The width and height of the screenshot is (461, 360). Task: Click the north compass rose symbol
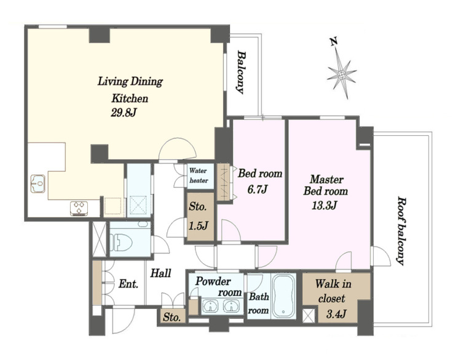tap(341, 73)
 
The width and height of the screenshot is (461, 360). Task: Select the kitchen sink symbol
tap(38, 183)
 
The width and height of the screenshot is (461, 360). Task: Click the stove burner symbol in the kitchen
tap(79, 208)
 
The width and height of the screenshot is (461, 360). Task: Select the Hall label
tap(160, 274)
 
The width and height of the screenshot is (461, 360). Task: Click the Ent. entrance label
tap(128, 284)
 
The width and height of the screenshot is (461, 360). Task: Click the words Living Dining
tap(130, 82)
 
